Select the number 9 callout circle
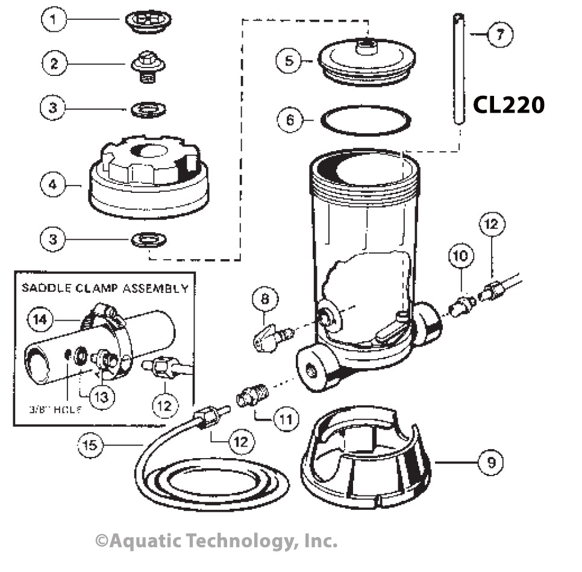tap(490, 462)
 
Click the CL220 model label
tap(508, 105)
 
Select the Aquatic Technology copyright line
tap(216, 541)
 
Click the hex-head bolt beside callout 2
tap(148, 64)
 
